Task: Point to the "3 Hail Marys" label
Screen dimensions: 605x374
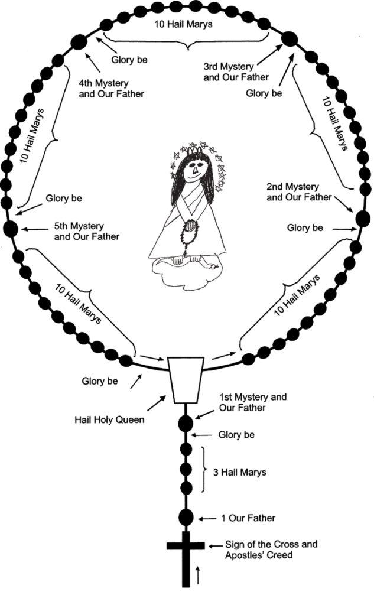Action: coord(239,472)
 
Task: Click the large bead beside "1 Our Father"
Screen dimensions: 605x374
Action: coord(186,518)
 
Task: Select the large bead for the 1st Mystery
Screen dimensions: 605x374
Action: coord(186,423)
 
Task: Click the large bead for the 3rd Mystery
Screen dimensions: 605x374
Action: coord(289,39)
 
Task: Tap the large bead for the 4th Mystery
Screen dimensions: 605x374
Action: coord(79,41)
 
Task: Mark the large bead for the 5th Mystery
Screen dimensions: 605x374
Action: coord(11,228)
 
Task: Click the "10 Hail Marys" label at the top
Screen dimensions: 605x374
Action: coord(184,24)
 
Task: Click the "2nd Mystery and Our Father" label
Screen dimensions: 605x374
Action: coord(299,192)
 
